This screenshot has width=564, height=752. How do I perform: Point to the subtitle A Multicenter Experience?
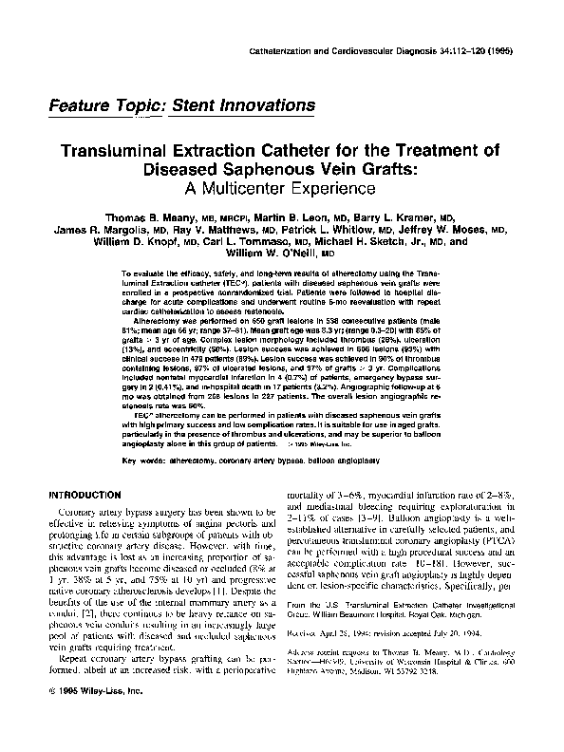[x=281, y=189]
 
